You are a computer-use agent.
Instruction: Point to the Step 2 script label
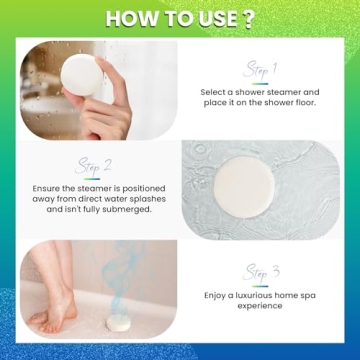(97, 165)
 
